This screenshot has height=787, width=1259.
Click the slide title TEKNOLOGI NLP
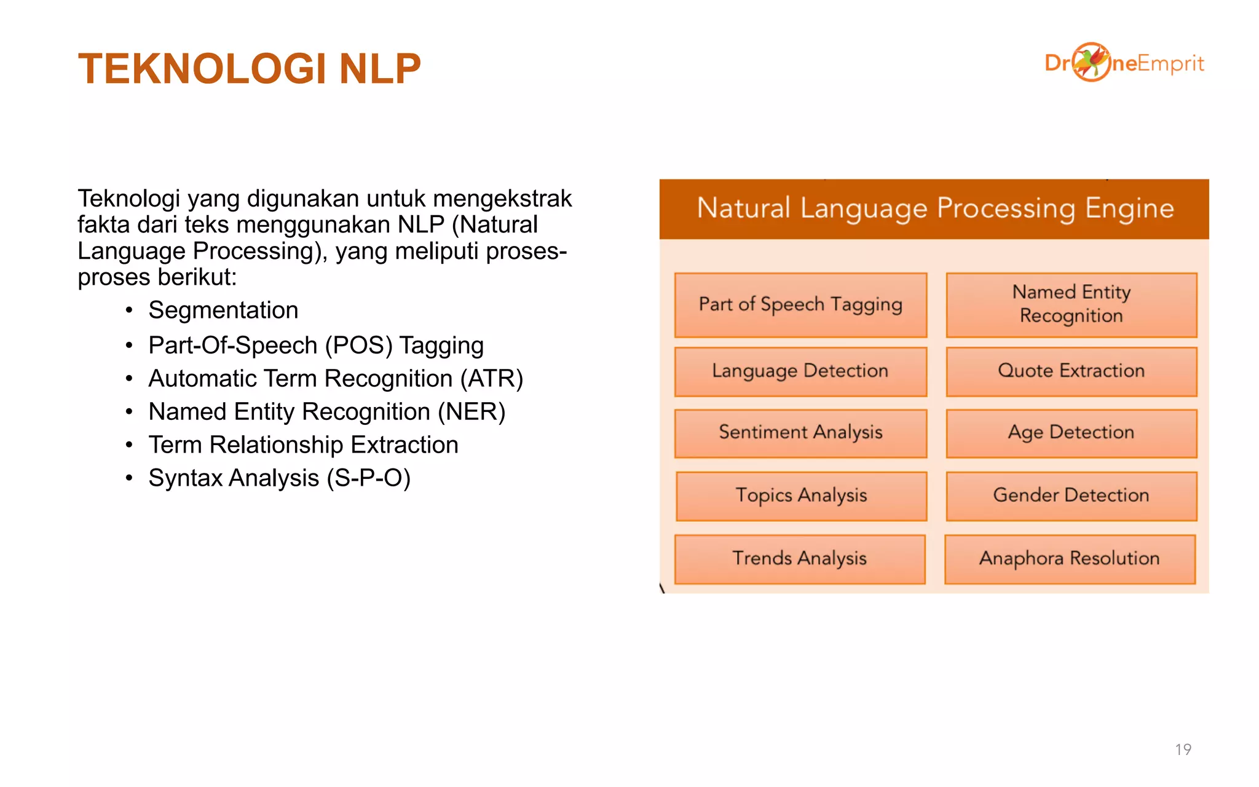point(249,68)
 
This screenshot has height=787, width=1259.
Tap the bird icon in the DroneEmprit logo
point(1091,61)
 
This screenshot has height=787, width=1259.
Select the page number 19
point(1183,749)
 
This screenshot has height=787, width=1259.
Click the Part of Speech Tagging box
point(800,305)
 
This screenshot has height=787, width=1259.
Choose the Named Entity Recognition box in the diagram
point(1071,305)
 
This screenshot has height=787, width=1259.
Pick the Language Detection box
point(800,371)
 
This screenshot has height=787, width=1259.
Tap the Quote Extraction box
point(1071,371)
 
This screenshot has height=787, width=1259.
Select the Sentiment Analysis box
point(800,433)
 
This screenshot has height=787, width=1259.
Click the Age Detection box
point(1071,433)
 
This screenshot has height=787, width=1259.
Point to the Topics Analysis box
point(801,496)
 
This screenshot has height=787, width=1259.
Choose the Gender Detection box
point(1071,496)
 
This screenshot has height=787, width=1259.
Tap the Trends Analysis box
point(799,559)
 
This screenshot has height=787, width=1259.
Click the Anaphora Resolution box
point(1070,559)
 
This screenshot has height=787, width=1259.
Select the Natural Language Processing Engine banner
point(934,208)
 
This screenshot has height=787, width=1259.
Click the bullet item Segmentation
point(223,310)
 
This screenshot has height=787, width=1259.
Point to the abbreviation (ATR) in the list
point(492,379)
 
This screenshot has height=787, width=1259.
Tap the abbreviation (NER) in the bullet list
point(472,412)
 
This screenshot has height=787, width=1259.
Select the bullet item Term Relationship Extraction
point(303,445)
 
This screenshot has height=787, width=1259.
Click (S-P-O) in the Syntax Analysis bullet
point(369,478)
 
